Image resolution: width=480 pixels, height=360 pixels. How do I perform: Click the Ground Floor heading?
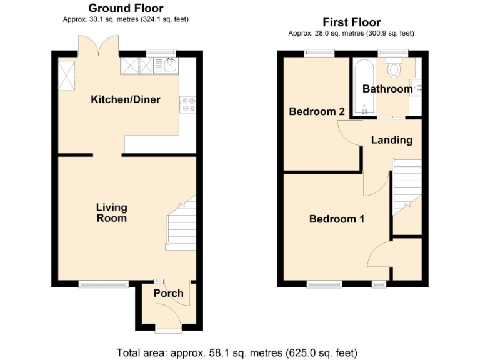click(x=126, y=8)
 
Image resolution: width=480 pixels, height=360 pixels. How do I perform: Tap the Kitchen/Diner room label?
click(x=126, y=99)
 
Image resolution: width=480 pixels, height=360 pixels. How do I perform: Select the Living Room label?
click(x=111, y=212)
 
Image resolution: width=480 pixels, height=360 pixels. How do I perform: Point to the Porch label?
click(x=168, y=293)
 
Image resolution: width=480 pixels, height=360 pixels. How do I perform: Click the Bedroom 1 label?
click(x=337, y=219)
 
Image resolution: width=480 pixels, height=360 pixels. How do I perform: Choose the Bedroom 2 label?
click(x=317, y=111)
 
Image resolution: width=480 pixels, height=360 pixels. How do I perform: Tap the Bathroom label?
click(x=387, y=89)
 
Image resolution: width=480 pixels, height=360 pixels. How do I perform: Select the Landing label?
click(x=392, y=139)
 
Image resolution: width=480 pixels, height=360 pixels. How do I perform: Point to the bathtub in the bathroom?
click(x=362, y=87)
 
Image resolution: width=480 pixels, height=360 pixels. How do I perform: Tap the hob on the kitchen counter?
click(x=187, y=104)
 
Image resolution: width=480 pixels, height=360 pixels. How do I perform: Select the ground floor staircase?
click(x=181, y=224)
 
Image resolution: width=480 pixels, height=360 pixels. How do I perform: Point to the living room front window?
click(x=103, y=284)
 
